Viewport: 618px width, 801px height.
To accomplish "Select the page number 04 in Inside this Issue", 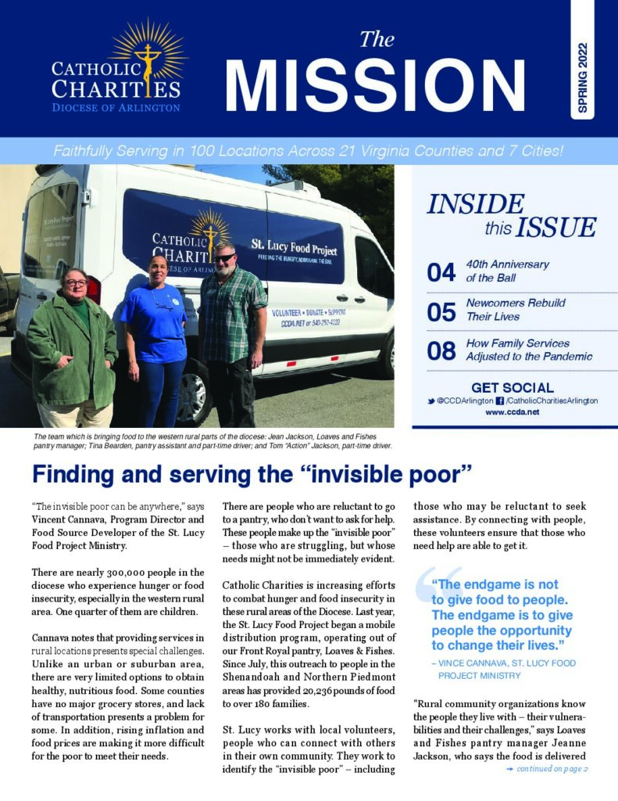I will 441,271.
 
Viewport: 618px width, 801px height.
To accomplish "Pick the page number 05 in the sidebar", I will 441,311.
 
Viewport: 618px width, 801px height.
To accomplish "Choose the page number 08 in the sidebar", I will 441,350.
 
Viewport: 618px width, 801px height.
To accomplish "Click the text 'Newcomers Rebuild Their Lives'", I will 515,310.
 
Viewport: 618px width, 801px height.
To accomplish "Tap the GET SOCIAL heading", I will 513,387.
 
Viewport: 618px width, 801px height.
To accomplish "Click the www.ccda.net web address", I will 513,411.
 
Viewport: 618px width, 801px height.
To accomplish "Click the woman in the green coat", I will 72,344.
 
